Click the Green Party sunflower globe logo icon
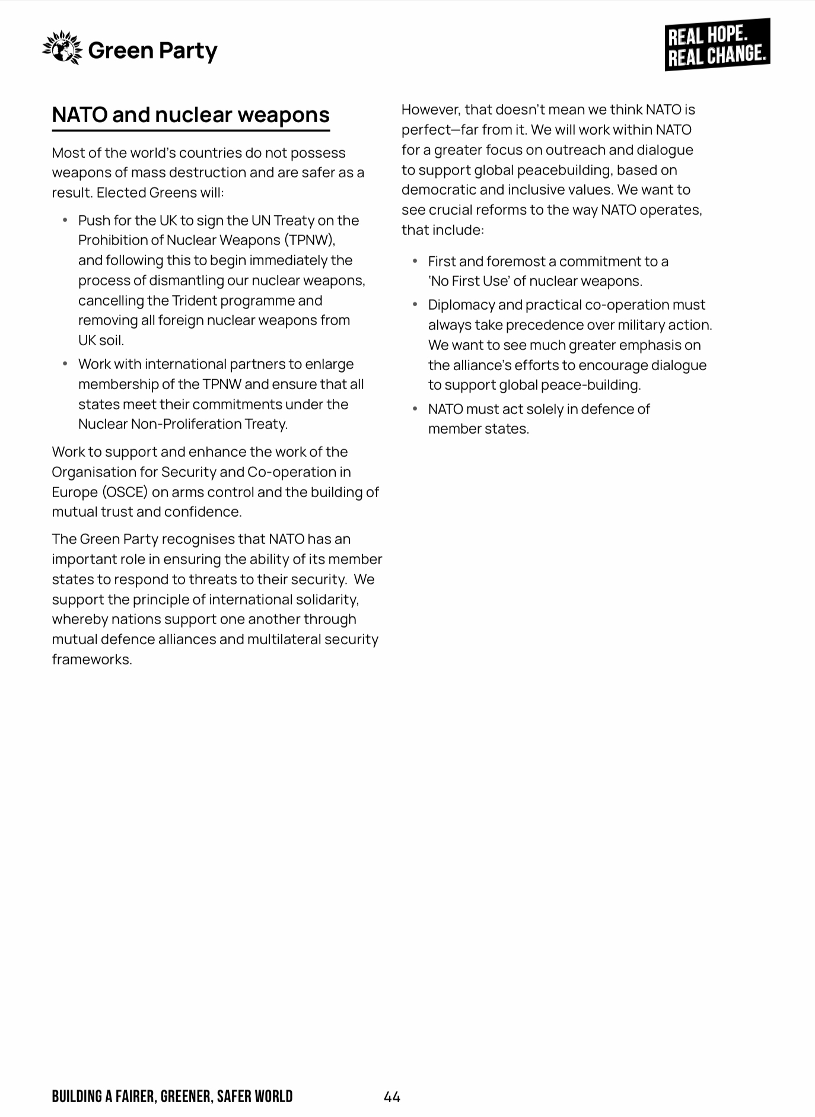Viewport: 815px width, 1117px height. (62, 49)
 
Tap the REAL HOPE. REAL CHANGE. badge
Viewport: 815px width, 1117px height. (717, 45)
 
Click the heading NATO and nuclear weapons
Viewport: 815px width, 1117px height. (190, 114)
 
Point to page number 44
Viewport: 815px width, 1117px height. (392, 1097)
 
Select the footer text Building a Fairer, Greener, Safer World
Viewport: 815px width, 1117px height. (172, 1096)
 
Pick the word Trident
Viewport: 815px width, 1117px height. (195, 301)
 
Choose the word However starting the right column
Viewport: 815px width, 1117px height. (430, 110)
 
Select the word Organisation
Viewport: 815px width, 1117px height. (95, 472)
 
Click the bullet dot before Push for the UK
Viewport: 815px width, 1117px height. (65, 221)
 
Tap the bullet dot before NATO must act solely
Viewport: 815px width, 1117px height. (415, 409)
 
